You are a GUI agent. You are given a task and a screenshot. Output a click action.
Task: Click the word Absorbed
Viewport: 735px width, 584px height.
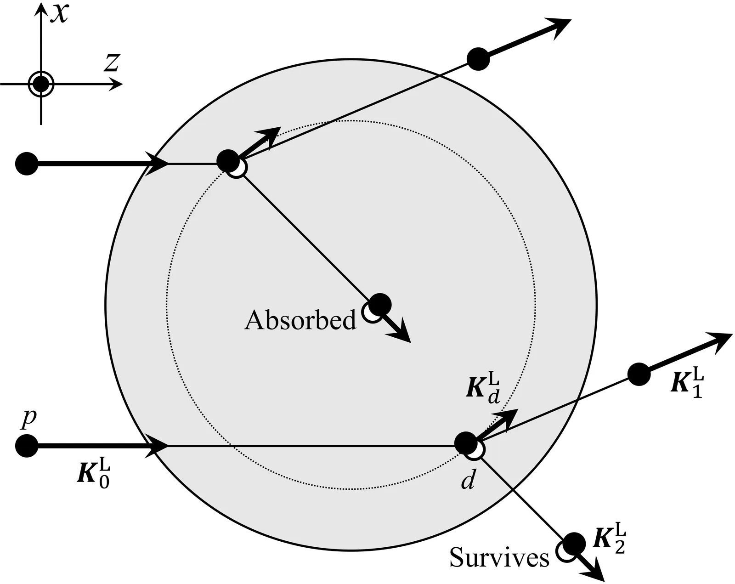pos(300,320)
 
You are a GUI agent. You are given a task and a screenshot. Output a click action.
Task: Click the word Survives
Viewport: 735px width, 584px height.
pos(499,558)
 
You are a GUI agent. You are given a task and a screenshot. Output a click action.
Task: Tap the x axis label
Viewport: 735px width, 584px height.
pos(59,12)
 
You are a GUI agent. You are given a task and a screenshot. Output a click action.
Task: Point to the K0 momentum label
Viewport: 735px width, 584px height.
pos(94,473)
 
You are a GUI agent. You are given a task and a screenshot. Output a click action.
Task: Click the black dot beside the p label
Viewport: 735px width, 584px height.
pos(26,446)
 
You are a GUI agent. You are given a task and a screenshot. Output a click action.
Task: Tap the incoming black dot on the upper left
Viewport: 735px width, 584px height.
pos(26,163)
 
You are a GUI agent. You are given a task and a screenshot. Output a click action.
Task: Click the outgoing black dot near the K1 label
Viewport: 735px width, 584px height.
pos(639,374)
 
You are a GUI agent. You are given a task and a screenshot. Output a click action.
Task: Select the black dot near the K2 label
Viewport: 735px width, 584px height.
pos(574,544)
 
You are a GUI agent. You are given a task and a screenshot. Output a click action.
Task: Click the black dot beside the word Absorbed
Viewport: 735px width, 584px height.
pos(380,304)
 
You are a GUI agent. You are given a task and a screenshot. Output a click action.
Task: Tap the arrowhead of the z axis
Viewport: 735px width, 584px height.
pos(117,85)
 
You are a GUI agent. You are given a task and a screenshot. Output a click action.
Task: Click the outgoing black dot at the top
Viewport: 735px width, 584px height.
pos(478,59)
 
